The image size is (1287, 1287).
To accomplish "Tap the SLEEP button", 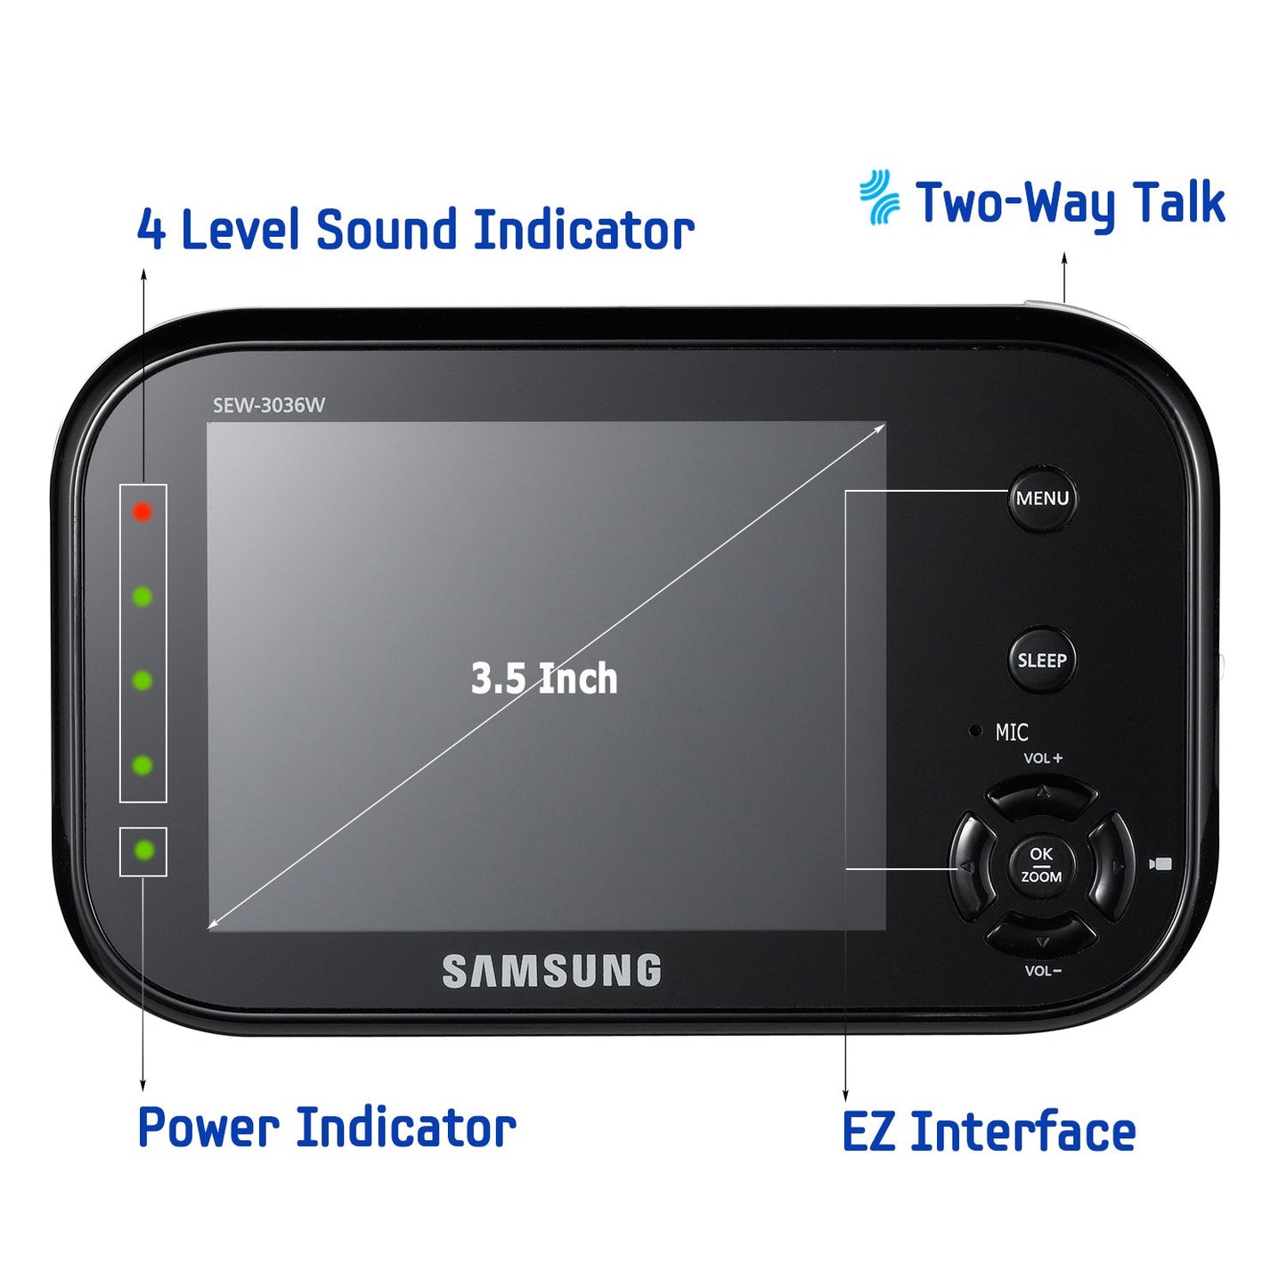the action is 1041,659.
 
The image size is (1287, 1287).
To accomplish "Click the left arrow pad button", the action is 971,866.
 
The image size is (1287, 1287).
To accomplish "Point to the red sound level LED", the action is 142,511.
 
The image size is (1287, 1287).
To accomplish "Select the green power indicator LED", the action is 143,851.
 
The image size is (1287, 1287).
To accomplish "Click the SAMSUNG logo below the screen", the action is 551,971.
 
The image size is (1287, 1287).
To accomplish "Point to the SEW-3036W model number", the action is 268,405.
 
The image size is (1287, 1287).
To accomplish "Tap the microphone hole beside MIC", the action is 975,730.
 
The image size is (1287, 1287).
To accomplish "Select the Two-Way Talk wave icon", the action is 879,197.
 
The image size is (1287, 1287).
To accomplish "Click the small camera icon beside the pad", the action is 1161,864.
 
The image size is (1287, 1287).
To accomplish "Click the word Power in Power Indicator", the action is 208,1128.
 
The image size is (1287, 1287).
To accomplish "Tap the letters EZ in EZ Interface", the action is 868,1131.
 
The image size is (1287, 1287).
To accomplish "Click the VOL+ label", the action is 1043,758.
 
